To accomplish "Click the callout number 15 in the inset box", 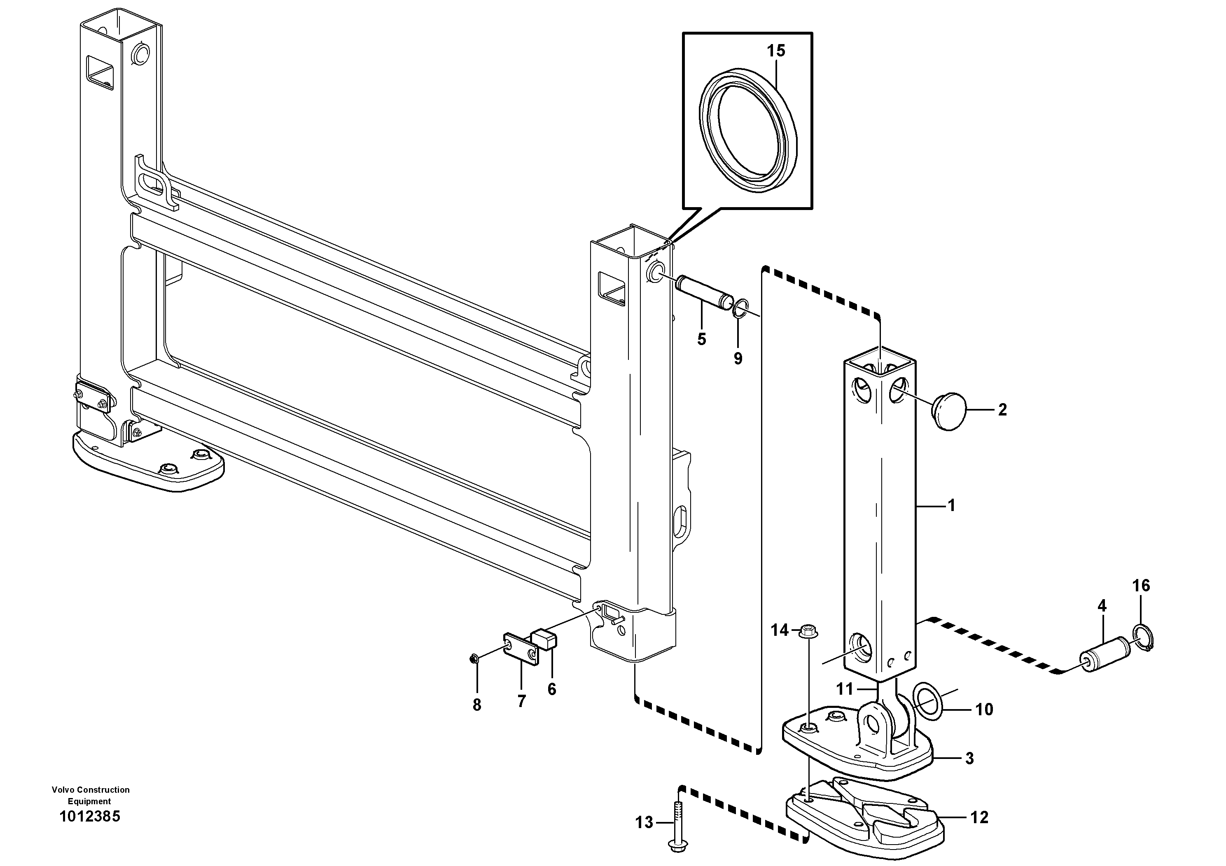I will tap(776, 51).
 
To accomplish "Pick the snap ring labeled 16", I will tap(1142, 637).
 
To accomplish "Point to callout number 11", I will tap(844, 689).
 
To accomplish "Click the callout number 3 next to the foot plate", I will tap(970, 759).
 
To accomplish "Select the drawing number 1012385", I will tap(90, 817).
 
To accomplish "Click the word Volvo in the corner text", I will tap(63, 790).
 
